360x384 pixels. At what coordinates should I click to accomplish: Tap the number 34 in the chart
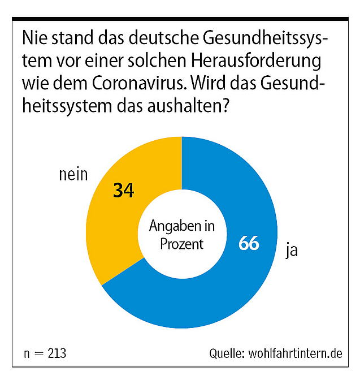[x=123, y=191]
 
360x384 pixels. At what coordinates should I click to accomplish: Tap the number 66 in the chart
[x=249, y=243]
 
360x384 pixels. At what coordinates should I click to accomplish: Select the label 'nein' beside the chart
[x=73, y=175]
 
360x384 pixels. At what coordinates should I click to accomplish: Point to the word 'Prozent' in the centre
[x=181, y=244]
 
